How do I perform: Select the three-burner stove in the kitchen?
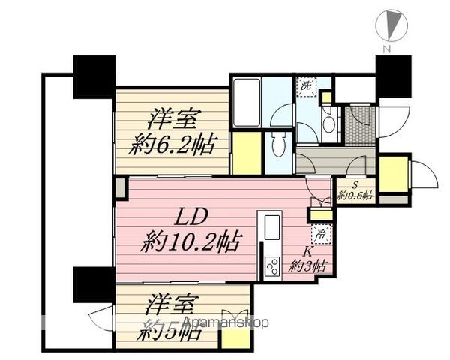coord(271,264)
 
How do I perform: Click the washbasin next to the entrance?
coord(328,124)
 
